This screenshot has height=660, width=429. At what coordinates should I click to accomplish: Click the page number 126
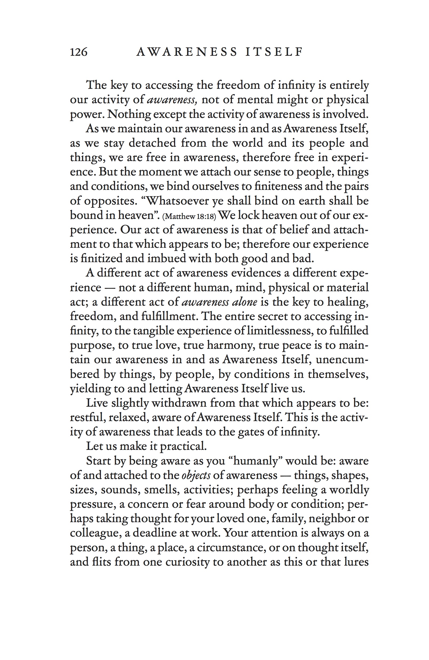click(78, 52)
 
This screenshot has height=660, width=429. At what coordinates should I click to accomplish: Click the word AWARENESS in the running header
click(187, 52)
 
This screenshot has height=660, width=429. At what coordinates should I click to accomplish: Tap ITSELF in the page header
click(274, 52)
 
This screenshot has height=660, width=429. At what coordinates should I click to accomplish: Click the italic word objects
click(196, 475)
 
